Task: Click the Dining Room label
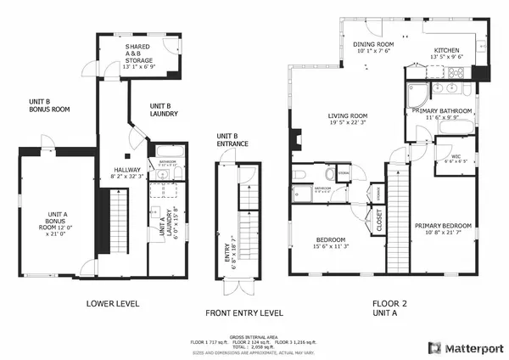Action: pos(375,47)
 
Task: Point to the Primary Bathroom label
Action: pos(442,110)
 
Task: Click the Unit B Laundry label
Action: pos(164,109)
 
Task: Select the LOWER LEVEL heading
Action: pos(113,302)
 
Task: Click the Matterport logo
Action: pos(466,346)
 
